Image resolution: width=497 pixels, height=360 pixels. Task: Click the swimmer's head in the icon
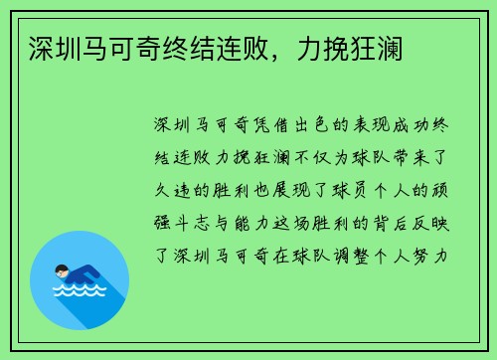[x=63, y=270]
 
